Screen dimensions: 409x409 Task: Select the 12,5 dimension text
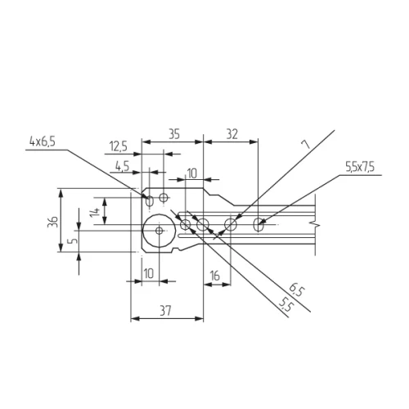118,146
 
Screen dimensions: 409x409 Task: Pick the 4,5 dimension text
123,165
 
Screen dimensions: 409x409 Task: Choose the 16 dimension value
214,276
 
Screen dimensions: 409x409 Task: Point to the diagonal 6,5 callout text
295,290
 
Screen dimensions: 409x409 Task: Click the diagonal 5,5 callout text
285,305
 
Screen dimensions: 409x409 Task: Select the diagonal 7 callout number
306,144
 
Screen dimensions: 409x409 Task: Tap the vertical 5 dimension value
73,241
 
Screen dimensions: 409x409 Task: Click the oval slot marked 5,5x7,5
259,223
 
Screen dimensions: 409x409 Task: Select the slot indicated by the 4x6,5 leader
149,200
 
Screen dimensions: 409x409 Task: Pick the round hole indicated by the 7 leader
231,223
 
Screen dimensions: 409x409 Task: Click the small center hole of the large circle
158,231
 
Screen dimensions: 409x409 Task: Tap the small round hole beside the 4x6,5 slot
164,197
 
